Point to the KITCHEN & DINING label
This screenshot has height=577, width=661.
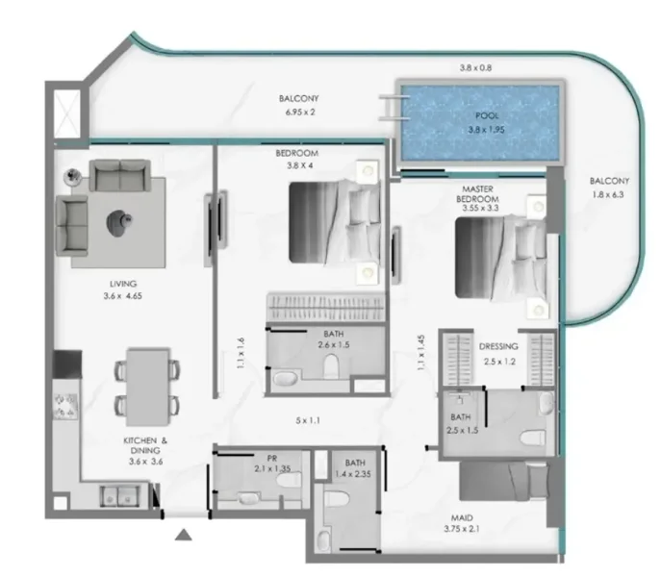click(145, 448)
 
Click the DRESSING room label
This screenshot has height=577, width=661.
click(498, 346)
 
